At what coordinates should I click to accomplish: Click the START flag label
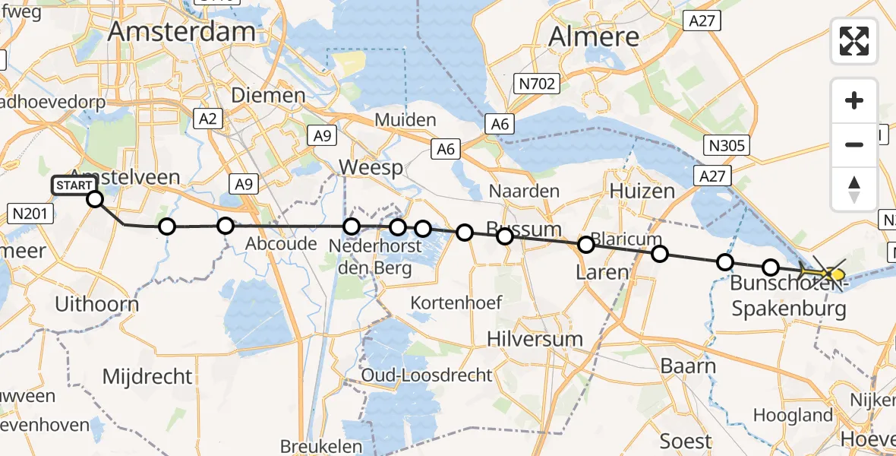[x=74, y=185]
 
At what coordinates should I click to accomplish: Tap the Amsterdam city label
[x=181, y=31]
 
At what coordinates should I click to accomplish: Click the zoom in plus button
[x=854, y=100]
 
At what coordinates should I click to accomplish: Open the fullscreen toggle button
[x=854, y=41]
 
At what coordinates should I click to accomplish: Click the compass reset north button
[x=854, y=188]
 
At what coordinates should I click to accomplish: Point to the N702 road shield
[x=538, y=83]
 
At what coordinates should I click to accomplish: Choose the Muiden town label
[x=407, y=120]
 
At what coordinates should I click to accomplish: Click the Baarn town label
[x=688, y=366]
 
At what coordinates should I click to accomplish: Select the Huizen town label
[x=642, y=190]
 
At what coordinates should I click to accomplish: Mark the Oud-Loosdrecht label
[x=427, y=375]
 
